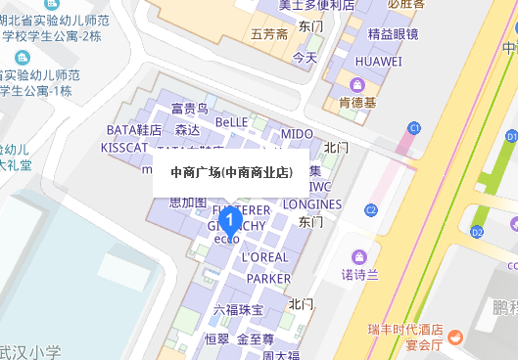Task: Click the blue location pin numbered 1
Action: coord(229,220)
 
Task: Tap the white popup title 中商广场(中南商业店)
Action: coord(231,173)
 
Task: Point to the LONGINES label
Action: coord(312,204)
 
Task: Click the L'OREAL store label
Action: coord(264,257)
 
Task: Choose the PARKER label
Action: coord(268,279)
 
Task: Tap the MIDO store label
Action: coord(297,132)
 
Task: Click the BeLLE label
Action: coord(232,123)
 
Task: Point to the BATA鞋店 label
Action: coord(133,129)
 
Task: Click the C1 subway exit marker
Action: coord(414,128)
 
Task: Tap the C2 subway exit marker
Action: coord(371,209)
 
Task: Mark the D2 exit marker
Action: coord(477,232)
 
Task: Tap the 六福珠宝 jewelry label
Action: coord(239,310)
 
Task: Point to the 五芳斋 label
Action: coord(269,35)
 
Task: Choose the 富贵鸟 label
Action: coord(189,109)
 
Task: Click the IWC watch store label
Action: coord(320,186)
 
